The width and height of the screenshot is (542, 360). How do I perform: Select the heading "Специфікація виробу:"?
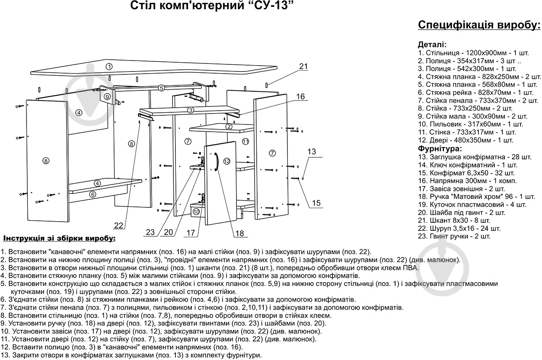coord(479,25)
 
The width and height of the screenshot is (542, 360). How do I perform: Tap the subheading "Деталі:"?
coord(432,45)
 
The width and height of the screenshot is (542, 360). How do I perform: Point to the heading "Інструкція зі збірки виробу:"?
coord(59,238)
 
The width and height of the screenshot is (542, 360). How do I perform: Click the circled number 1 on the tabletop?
coord(109,66)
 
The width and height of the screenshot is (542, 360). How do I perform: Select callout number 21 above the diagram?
coord(303,66)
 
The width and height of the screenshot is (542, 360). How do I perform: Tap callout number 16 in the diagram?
coord(300,97)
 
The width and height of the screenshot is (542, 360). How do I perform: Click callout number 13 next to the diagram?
coord(311,151)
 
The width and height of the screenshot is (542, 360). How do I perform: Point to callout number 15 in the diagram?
coord(316,203)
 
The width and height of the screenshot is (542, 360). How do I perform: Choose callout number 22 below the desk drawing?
coord(119,226)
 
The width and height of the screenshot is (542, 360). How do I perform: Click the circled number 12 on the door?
coord(227,161)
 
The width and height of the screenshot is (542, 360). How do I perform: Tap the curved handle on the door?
coord(216,161)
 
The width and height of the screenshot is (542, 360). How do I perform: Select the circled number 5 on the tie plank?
coord(161,88)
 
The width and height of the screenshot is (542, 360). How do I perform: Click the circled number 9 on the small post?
coord(108,96)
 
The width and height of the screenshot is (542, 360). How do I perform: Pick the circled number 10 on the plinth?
coord(196,211)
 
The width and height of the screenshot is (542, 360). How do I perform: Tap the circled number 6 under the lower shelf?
coord(93,194)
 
